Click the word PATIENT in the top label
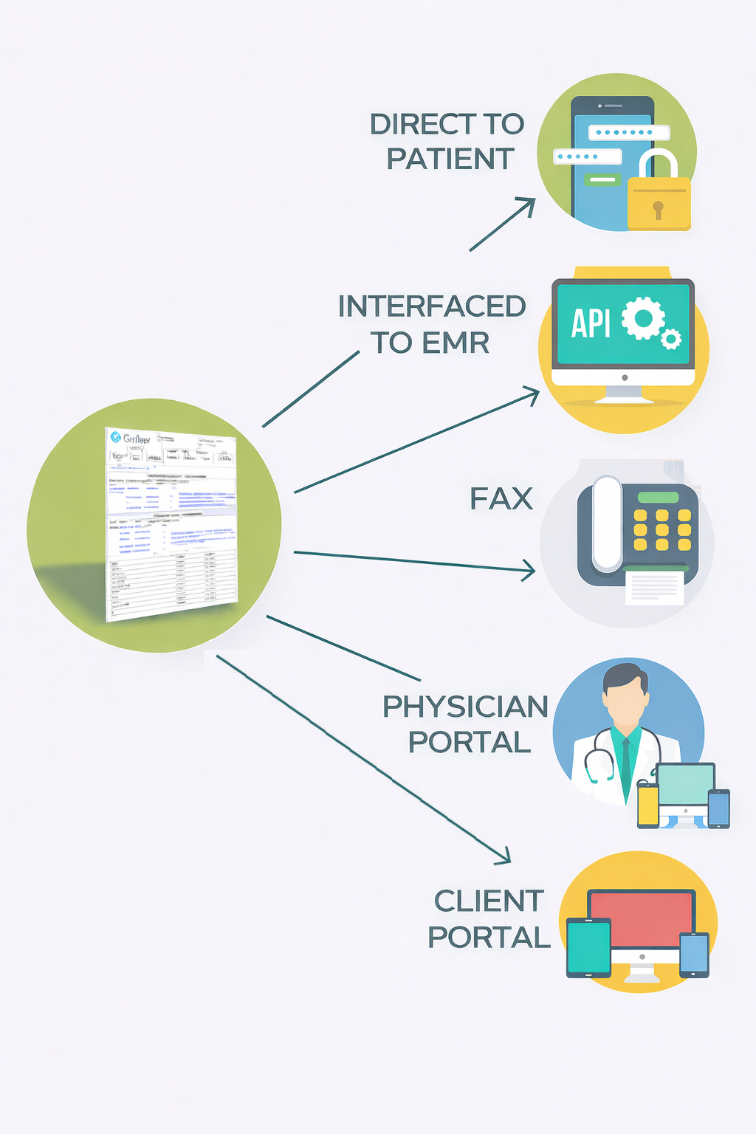[x=450, y=159]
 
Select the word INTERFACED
[x=432, y=306]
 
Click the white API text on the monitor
[x=591, y=323]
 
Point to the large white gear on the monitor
[x=643, y=318]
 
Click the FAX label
[x=501, y=499]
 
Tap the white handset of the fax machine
[x=608, y=523]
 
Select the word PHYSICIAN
[x=465, y=707]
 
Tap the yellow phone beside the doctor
[x=647, y=805]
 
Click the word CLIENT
[x=489, y=901]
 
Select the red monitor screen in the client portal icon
[x=641, y=919]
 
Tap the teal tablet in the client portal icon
[x=588, y=946]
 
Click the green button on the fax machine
[x=658, y=498]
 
